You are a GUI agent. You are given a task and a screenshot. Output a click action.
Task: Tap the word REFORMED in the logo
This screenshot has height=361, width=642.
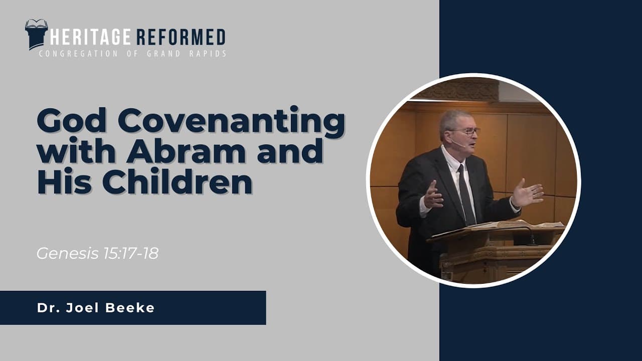pyautogui.click(x=181, y=37)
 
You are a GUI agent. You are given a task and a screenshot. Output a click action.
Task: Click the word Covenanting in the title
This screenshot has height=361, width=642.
pyautogui.click(x=232, y=122)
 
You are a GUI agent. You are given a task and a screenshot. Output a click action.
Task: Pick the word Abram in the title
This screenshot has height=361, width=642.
pyautogui.click(x=186, y=150)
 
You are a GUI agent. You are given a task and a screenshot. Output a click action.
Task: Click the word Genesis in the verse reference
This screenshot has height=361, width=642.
pyautogui.click(x=67, y=253)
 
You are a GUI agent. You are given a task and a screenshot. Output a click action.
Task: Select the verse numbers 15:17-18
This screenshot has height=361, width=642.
pyautogui.click(x=131, y=253)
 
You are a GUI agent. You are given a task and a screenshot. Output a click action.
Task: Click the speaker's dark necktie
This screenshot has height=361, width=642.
pyautogui.click(x=466, y=195)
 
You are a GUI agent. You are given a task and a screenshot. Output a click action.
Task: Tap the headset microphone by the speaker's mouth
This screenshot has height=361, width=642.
pyautogui.click(x=458, y=143)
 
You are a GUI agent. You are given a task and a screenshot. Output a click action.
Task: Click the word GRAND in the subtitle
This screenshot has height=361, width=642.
pyautogui.click(x=164, y=54)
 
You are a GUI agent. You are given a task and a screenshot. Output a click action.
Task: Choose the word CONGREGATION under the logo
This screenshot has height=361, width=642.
pyautogui.click(x=78, y=54)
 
